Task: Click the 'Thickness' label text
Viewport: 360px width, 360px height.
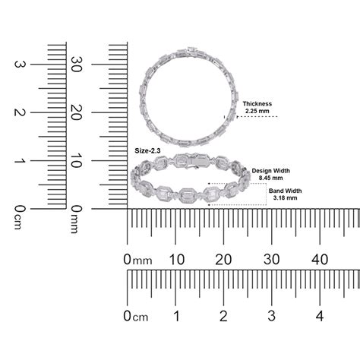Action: [x=257, y=103]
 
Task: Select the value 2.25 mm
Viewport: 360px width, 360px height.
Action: [x=257, y=111]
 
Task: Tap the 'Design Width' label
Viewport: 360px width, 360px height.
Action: [x=270, y=171]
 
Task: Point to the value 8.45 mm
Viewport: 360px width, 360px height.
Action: [x=270, y=178]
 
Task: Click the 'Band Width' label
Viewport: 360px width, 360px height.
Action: [x=285, y=191]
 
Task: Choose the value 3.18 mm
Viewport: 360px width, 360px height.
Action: [x=285, y=197]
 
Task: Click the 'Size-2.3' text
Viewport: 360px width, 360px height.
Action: [x=147, y=151]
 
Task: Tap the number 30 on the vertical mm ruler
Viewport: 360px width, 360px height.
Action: [x=76, y=64]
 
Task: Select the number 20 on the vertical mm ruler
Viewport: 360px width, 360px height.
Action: [x=76, y=112]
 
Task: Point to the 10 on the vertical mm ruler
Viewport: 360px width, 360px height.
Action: [x=76, y=160]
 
